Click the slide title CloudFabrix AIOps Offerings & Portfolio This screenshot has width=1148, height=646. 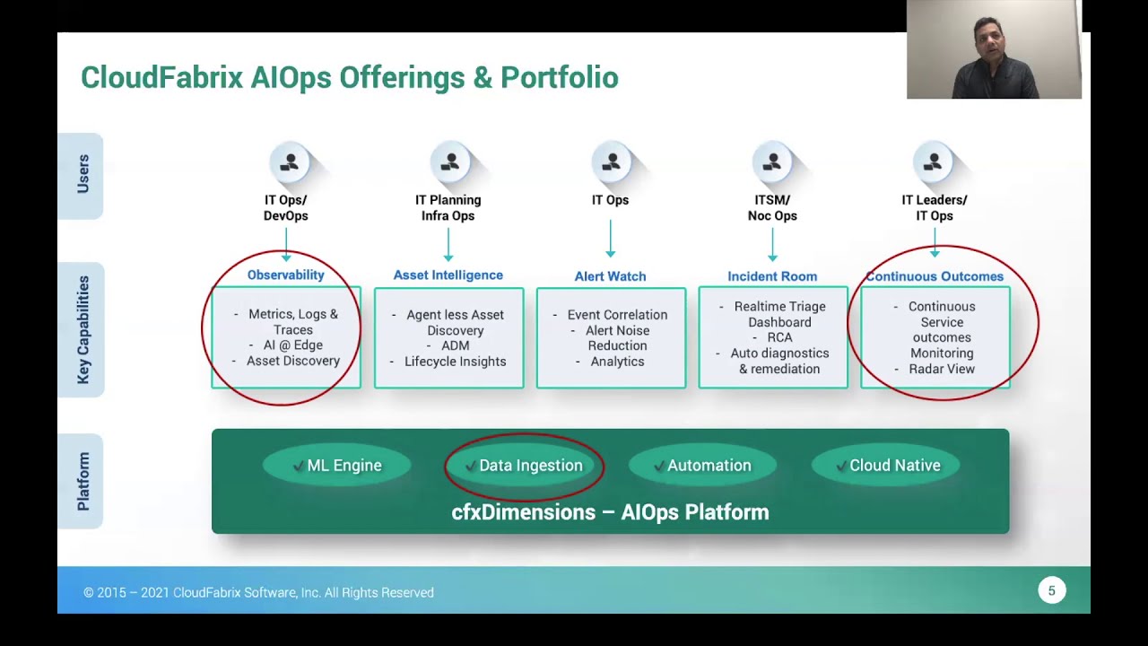point(349,78)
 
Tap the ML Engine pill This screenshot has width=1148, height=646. point(337,466)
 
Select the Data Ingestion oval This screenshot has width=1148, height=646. point(525,466)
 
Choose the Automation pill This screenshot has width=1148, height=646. point(702,466)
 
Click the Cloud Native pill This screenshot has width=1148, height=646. point(886,466)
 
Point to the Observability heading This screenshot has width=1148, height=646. point(285,275)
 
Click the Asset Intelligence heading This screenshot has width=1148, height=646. point(448,275)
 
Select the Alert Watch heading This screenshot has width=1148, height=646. point(610,276)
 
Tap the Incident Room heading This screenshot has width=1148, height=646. point(772,276)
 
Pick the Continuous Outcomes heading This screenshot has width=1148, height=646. point(935,276)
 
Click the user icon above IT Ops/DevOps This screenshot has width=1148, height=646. point(289,162)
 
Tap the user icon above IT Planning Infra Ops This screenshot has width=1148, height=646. point(450,162)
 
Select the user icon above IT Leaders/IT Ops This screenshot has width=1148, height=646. point(933,162)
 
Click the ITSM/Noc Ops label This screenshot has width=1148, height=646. point(772,208)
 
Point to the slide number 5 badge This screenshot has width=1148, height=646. point(1052,590)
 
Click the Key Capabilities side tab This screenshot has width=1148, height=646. point(83,329)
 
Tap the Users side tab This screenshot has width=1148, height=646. point(83,175)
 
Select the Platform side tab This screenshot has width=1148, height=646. point(83,481)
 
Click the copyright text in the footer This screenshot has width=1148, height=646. point(258,592)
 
